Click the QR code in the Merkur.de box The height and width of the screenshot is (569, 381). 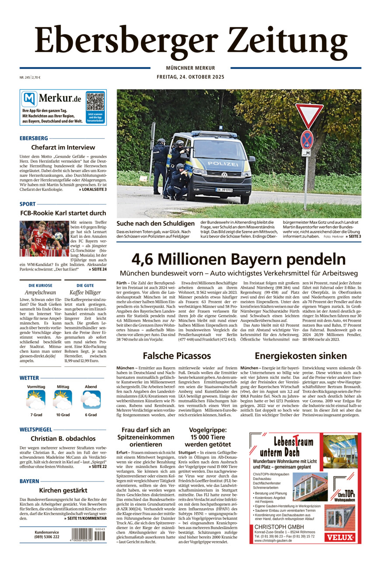(x=95, y=101)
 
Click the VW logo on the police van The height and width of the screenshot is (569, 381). (x=224, y=175)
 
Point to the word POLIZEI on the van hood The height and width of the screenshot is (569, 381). (x=223, y=163)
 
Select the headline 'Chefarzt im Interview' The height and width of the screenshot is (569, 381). (x=63, y=148)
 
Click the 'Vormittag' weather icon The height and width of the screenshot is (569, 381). (x=36, y=399)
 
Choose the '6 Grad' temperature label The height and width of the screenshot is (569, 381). (x=91, y=415)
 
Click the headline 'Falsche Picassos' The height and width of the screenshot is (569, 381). (x=177, y=355)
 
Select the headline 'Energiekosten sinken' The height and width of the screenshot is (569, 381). (x=301, y=355)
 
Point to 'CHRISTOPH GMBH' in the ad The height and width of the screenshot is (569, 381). (x=280, y=526)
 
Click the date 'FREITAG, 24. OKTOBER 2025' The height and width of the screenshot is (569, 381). (x=190, y=77)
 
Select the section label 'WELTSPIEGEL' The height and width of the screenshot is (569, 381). (x=36, y=430)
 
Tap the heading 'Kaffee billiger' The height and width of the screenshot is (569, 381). (x=85, y=292)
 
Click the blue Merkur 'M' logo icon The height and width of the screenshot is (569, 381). (x=29, y=99)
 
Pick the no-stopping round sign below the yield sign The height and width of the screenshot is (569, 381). (x=307, y=139)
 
